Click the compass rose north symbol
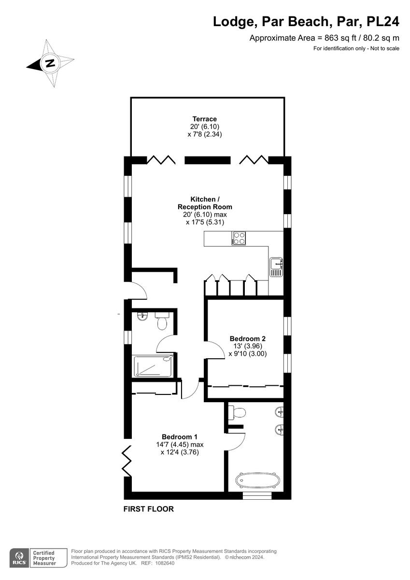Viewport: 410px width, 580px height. pyautogui.click(x=50, y=63)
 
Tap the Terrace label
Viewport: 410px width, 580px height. pyautogui.click(x=204, y=119)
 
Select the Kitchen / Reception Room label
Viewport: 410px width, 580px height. pyautogui.click(x=205, y=203)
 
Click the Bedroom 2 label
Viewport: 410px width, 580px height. pyautogui.click(x=247, y=338)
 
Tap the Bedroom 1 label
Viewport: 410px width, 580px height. pyautogui.click(x=179, y=436)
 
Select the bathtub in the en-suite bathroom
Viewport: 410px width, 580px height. pyautogui.click(x=257, y=480)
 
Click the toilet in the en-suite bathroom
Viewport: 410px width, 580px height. pyautogui.click(x=237, y=412)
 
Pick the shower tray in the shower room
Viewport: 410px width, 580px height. pyautogui.click(x=153, y=365)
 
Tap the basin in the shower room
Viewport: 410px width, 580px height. pyautogui.click(x=142, y=317)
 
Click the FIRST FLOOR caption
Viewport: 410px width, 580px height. pyautogui.click(x=148, y=509)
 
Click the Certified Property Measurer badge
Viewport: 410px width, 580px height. pyautogui.click(x=44, y=557)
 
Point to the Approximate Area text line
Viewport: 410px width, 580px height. pyautogui.click(x=324, y=38)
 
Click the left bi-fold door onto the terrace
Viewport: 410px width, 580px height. pyautogui.click(x=160, y=160)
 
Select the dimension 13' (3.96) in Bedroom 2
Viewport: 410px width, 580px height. pyautogui.click(x=247, y=346)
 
